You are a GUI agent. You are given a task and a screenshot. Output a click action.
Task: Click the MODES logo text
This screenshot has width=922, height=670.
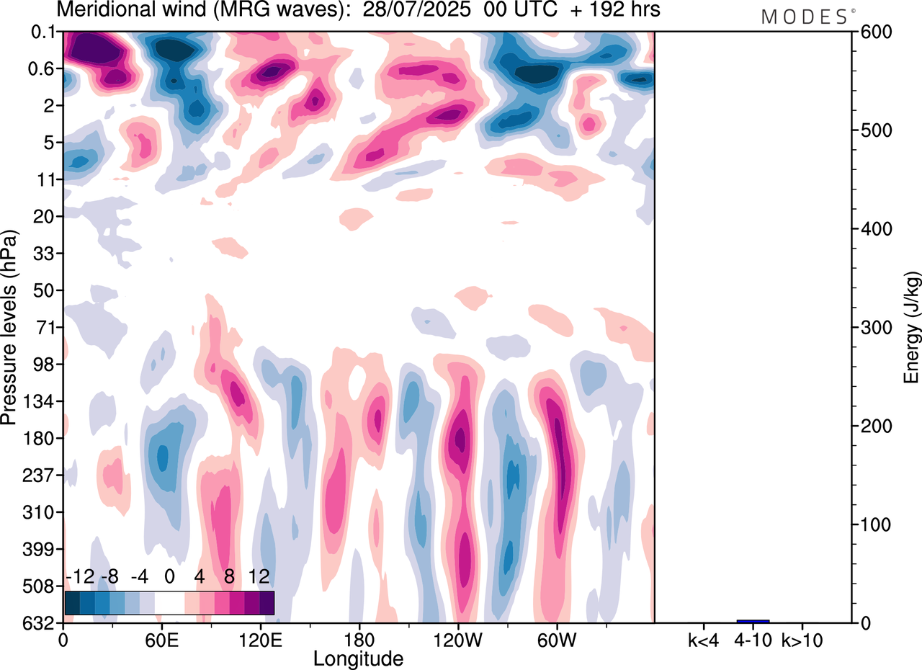805,17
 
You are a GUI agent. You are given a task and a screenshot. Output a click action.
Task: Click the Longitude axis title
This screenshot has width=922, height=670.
358,658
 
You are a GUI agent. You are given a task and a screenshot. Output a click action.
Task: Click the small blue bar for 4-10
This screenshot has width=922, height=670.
753,621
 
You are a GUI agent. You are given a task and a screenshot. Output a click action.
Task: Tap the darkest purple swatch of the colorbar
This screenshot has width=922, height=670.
267,602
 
